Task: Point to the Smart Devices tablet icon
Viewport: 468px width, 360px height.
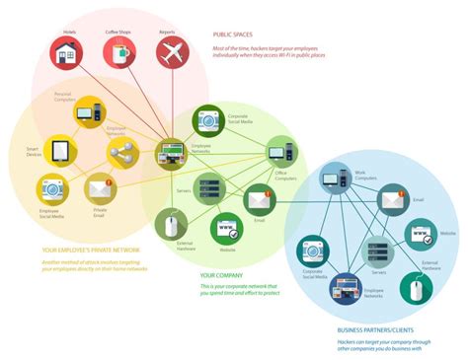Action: [x=59, y=150]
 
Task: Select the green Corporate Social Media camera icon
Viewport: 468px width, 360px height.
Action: [x=208, y=119]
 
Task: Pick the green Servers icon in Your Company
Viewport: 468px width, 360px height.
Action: [x=208, y=185]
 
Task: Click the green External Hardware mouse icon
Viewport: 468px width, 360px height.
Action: [x=172, y=224]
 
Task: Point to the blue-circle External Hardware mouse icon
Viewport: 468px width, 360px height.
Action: [x=416, y=288]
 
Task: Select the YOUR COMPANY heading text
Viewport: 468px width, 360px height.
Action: [x=220, y=275]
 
